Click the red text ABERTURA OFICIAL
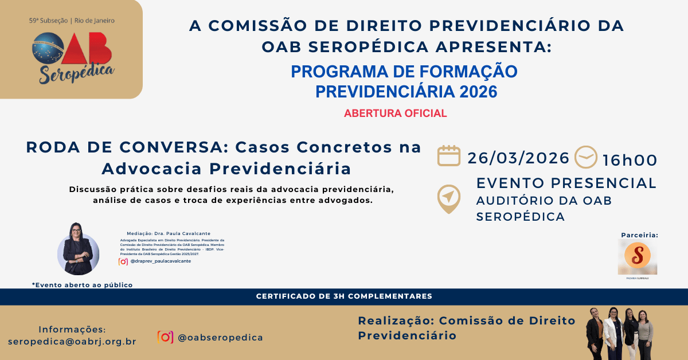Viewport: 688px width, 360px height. tap(395, 113)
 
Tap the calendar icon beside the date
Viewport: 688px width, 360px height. tap(449, 156)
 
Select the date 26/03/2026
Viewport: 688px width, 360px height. tap(518, 158)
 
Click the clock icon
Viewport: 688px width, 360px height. tap(585, 157)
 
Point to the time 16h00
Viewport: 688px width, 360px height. tap(630, 160)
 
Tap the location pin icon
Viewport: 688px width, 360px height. tap(448, 198)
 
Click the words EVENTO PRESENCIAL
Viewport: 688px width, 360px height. tap(566, 183)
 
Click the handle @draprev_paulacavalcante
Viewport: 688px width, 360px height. tap(161, 261)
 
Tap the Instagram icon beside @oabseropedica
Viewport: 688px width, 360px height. tap(165, 337)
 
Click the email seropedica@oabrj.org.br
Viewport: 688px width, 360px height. tap(72, 342)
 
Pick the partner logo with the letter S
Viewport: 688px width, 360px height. tap(638, 256)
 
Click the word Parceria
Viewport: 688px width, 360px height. tap(639, 235)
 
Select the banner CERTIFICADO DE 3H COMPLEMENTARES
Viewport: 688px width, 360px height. tap(344, 296)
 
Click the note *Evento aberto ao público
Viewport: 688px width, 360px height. tap(82, 284)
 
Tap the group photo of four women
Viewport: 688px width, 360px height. tap(619, 333)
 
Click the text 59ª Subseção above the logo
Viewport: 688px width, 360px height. tap(48, 21)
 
